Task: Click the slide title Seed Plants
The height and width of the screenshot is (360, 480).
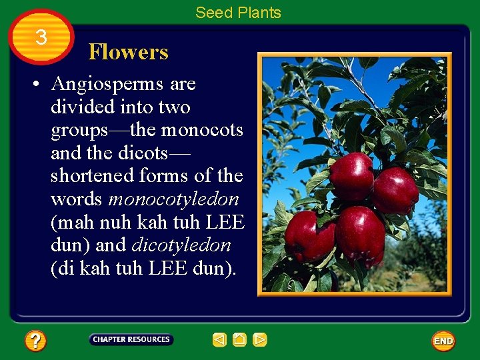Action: tap(238, 12)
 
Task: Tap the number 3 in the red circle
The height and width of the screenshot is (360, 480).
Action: tap(41, 38)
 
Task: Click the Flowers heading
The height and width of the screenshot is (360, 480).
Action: tap(128, 52)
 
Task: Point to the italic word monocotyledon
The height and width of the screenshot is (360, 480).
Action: tap(173, 199)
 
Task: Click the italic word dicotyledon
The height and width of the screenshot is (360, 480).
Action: tap(181, 245)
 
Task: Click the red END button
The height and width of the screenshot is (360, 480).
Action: tap(443, 341)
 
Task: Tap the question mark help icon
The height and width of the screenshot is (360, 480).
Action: tap(35, 341)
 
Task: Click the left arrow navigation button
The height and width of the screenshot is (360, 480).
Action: tap(219, 340)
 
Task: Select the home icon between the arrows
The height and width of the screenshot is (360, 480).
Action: tap(239, 340)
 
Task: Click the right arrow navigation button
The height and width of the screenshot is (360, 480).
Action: tap(260, 340)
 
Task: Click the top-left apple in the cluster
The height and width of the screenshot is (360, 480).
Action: tap(352, 176)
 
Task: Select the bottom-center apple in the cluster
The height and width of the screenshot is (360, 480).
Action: tap(360, 234)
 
